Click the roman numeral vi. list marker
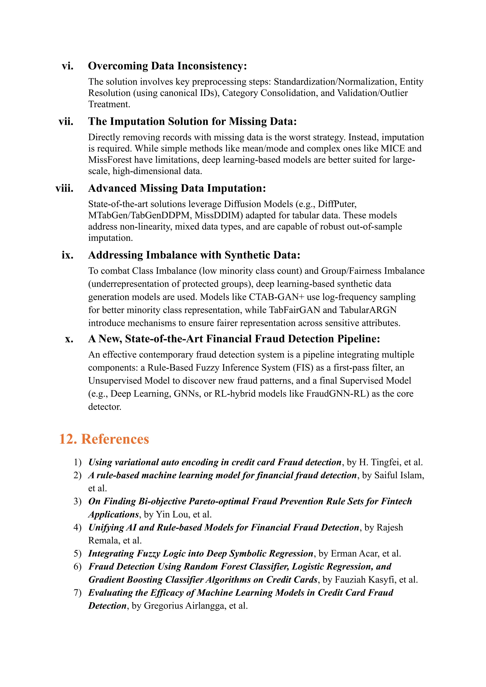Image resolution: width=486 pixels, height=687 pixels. pos(68,66)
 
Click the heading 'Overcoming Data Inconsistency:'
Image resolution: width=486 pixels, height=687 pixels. pos(167,66)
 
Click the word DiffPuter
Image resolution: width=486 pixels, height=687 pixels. pos(337,204)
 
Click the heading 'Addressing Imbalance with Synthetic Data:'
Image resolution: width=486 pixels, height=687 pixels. pos(194,255)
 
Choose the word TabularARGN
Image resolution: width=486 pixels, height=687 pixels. pos(368,310)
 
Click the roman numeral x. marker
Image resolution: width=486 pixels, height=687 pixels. pos(69,339)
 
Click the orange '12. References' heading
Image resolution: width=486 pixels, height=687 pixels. pos(104,439)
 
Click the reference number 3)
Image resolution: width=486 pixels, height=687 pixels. pos(78,501)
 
